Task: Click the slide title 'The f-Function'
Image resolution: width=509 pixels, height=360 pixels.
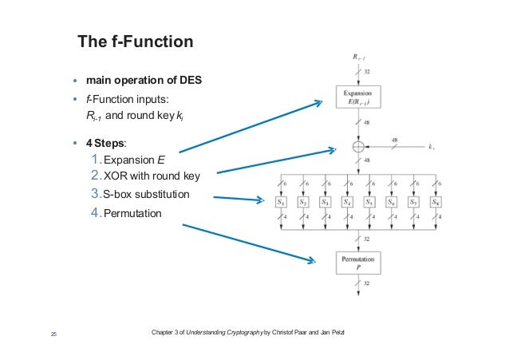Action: (136, 41)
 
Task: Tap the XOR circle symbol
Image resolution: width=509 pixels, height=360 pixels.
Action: (358, 147)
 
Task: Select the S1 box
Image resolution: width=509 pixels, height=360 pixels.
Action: (282, 203)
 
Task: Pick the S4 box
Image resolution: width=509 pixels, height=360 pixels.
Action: (347, 203)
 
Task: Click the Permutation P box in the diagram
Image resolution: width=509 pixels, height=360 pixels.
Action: (358, 264)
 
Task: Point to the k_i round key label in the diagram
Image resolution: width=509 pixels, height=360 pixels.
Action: (431, 148)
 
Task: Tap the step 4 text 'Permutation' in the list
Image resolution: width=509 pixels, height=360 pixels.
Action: (132, 213)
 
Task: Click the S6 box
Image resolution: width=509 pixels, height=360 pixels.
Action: (391, 203)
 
